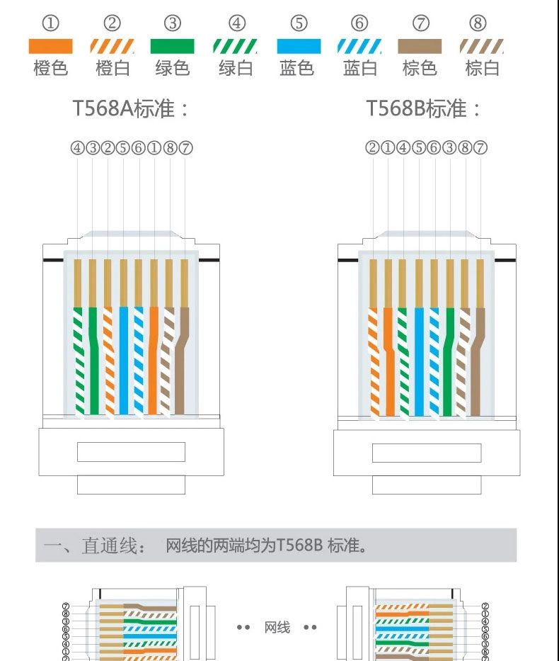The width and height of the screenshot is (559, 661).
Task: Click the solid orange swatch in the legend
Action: click(50, 47)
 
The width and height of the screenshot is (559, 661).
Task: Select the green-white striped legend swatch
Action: click(236, 47)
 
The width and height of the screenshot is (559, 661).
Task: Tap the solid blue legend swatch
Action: click(299, 47)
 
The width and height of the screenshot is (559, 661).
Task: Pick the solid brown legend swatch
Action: click(420, 47)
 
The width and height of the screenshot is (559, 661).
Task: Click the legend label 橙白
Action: click(113, 69)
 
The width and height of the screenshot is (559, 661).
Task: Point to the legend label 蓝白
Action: click(360, 69)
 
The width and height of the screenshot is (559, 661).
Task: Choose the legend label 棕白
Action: click(482, 69)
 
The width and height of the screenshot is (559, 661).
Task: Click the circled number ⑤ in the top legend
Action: click(299, 23)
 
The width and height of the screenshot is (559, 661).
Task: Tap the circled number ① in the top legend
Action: click(50, 23)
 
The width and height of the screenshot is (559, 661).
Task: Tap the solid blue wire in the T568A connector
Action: click(124, 361)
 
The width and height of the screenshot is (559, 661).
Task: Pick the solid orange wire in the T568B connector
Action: click(388, 361)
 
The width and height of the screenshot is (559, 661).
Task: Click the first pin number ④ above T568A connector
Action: click(77, 148)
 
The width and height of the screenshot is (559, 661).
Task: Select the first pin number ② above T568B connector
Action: click(372, 148)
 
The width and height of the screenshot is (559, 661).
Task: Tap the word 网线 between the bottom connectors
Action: click(277, 628)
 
